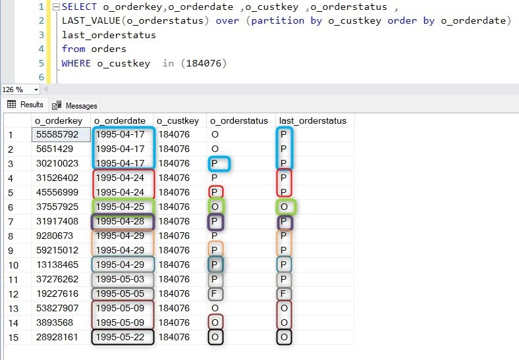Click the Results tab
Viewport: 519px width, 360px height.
click(25, 105)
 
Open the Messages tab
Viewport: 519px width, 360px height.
click(74, 105)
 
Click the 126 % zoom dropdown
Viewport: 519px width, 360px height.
click(20, 90)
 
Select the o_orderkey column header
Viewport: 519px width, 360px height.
click(59, 121)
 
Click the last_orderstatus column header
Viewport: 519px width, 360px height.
click(313, 121)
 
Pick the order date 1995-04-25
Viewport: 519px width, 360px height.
click(120, 207)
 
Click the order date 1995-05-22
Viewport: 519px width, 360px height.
click(120, 337)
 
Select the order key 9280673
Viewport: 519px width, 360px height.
click(55, 236)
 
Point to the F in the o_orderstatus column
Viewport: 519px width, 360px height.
click(215, 294)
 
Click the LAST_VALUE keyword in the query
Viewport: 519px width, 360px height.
click(91, 20)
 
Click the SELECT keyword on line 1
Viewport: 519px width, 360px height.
click(79, 7)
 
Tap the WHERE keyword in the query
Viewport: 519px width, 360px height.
click(76, 63)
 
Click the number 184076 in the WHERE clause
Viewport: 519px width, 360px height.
click(204, 63)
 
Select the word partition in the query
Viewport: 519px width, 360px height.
click(278, 20)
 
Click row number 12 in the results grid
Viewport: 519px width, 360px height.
click(13, 294)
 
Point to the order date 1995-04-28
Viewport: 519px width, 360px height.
click(120, 221)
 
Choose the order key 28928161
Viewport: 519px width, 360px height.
click(57, 337)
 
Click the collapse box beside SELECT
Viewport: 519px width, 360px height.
click(56, 7)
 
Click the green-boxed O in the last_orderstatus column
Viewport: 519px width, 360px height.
click(284, 207)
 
